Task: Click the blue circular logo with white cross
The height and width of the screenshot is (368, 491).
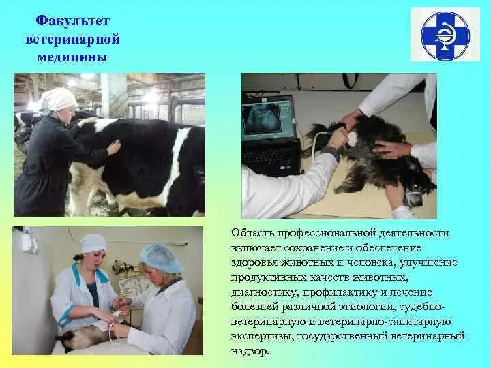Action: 445,35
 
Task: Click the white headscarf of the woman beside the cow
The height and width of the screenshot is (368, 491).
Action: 59,100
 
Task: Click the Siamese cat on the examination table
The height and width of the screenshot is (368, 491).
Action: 82,335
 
